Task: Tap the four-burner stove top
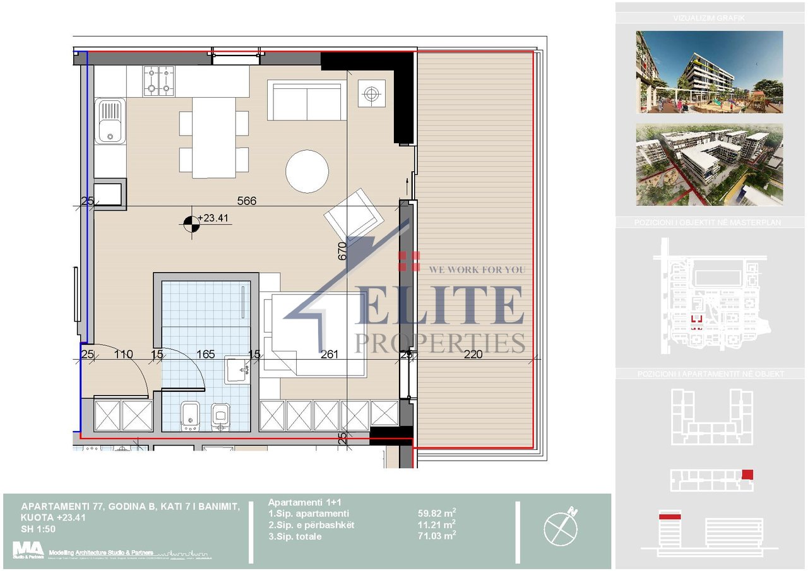(x=158, y=81)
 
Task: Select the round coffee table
(x=307, y=171)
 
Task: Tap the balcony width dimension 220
(x=472, y=355)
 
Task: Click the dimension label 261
(x=330, y=355)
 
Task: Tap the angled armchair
(x=354, y=215)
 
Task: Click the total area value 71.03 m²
(x=433, y=536)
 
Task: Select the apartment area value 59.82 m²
(x=433, y=514)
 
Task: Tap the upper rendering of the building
(x=710, y=72)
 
